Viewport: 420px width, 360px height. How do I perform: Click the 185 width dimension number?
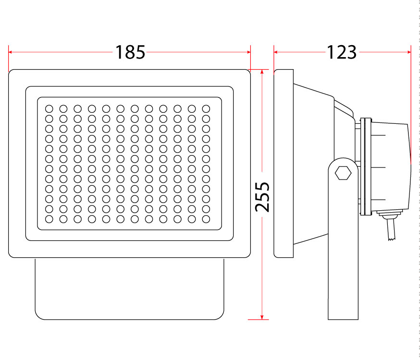(130, 52)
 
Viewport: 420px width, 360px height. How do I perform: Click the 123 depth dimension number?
(342, 52)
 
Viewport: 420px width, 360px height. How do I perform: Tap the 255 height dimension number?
(262, 197)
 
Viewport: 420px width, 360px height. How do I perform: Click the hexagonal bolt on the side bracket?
(343, 173)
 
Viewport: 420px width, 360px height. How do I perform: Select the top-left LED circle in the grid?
(49, 109)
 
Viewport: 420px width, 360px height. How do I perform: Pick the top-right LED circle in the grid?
(206, 109)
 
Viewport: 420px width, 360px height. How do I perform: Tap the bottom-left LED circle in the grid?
(49, 219)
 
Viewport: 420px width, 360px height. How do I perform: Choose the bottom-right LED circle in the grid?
(206, 219)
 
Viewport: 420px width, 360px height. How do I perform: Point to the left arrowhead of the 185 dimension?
(10, 52)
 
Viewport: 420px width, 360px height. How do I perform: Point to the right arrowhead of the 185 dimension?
(249, 52)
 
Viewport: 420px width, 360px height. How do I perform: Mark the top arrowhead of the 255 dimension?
(262, 72)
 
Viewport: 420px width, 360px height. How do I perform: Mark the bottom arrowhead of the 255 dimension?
(262, 317)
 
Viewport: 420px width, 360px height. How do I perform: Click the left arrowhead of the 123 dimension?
(276, 52)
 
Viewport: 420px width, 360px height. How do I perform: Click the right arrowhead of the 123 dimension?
(409, 52)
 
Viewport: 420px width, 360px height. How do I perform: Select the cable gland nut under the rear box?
(389, 214)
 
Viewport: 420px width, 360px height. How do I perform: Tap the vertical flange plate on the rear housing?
(366, 167)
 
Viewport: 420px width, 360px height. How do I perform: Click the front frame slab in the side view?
(284, 163)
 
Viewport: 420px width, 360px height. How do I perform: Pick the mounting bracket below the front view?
(129, 289)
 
